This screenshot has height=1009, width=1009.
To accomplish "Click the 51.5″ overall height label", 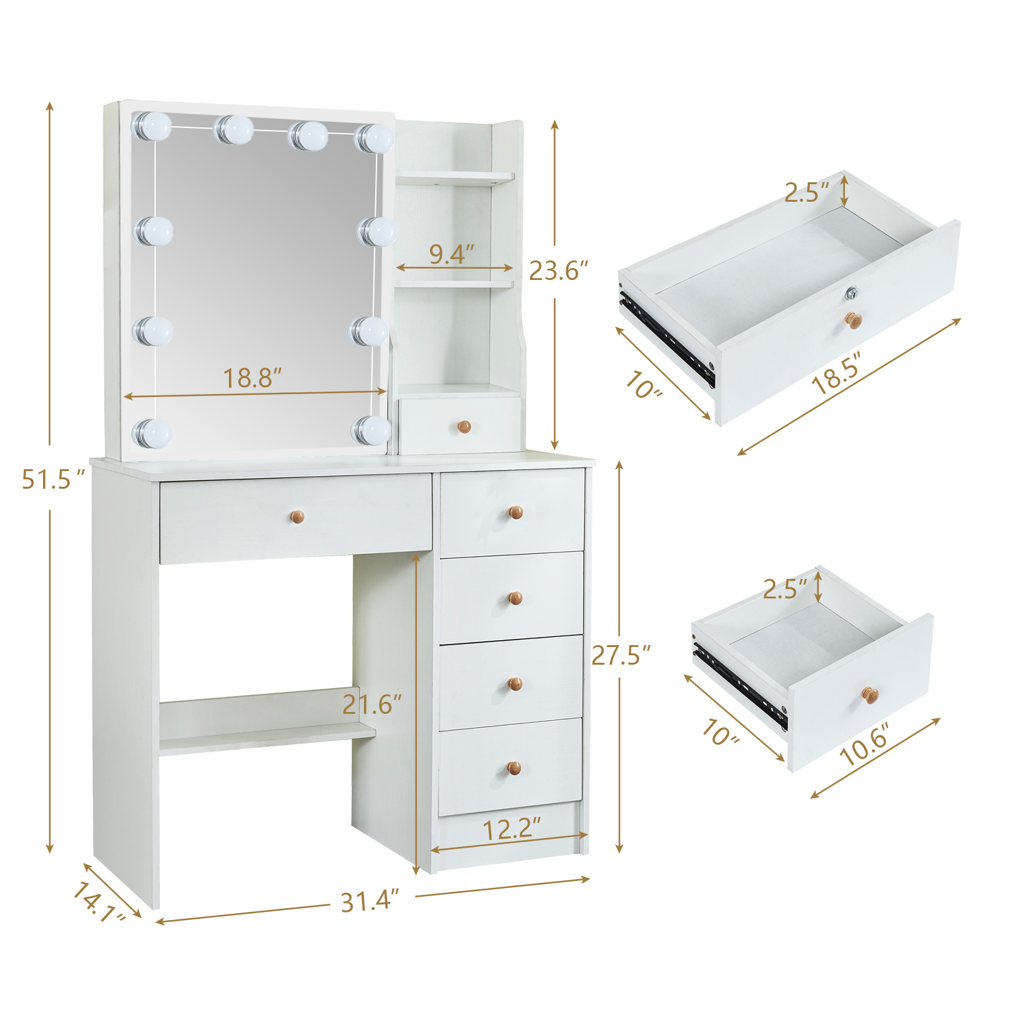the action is click(53, 479).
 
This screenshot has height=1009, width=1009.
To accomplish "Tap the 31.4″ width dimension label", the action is click(370, 901).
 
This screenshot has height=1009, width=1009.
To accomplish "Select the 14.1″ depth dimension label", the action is click(99, 902).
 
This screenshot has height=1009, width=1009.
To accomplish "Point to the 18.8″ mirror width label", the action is click(252, 378).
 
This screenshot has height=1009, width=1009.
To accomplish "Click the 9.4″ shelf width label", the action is click(452, 254).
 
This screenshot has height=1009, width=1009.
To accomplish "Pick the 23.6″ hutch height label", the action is click(558, 271).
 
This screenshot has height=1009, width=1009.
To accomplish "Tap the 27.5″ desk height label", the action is click(621, 655).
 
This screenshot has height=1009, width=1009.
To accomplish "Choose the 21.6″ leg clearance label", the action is click(372, 704).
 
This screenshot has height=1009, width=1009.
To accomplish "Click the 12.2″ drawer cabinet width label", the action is click(512, 829).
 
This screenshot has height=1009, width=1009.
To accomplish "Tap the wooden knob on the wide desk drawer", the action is click(297, 517).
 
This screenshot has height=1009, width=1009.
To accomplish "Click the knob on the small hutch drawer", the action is click(464, 427).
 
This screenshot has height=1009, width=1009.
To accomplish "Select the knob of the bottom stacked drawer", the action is click(514, 769).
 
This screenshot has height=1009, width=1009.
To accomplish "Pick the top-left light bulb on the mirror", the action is click(151, 126).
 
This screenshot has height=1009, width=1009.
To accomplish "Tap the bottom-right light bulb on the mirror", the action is click(371, 430).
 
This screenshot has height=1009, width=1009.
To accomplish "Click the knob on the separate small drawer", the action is click(870, 696).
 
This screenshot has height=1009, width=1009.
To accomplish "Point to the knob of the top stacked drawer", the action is click(516, 513).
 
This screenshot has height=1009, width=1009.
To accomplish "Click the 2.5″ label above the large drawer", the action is click(807, 192).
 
